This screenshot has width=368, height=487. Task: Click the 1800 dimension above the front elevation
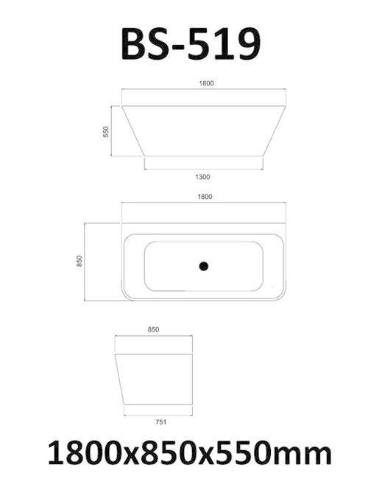click(x=205, y=83)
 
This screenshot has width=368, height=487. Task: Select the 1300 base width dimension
click(x=204, y=177)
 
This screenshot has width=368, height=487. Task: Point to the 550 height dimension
click(x=106, y=132)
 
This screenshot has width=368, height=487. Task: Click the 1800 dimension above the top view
click(x=205, y=197)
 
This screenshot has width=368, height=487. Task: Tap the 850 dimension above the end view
click(x=154, y=330)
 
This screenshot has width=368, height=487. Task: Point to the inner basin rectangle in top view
click(x=205, y=266)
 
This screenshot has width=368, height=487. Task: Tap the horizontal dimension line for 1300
click(x=205, y=169)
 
